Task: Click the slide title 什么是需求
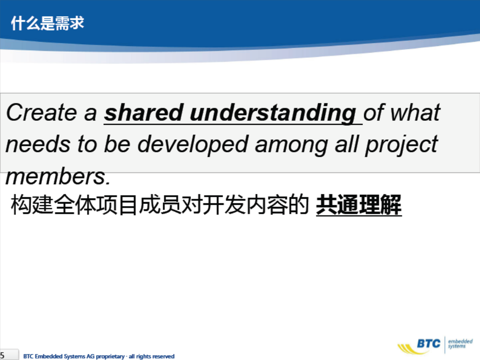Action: point(48,23)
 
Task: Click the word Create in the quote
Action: point(42,112)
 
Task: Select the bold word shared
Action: point(144,112)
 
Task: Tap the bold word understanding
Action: point(273,114)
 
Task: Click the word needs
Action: point(38,144)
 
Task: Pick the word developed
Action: point(193,145)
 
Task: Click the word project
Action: point(401,145)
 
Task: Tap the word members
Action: point(58,177)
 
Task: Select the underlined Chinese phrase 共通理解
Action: point(359,205)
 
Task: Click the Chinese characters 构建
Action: point(32,205)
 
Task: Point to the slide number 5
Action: point(2,356)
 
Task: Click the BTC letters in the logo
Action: point(429,343)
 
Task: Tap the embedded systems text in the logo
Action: point(460,343)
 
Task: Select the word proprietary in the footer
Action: point(110,356)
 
